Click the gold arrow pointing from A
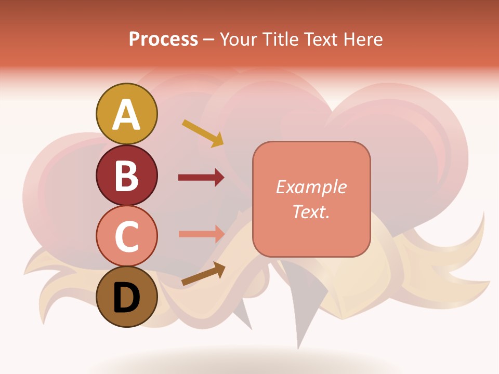[203, 133]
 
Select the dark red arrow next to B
[201, 178]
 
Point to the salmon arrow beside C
[201, 234]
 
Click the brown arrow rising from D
[203, 274]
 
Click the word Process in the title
[163, 39]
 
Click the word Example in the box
[311, 187]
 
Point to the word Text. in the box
[311, 211]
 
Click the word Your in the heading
[239, 39]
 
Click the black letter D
[126, 298]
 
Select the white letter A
[126, 114]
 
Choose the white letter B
[126, 176]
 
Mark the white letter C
[126, 236]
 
